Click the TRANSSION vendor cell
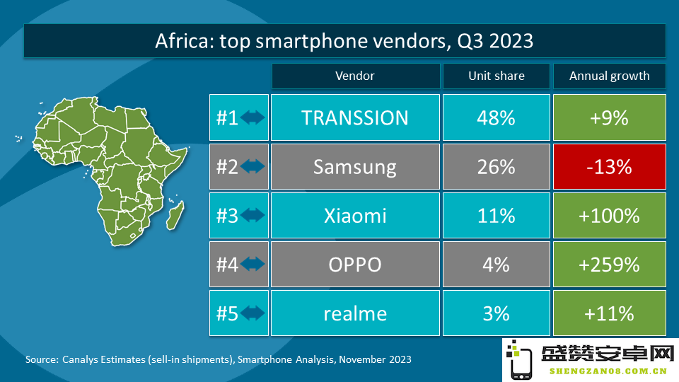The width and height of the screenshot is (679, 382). (x=355, y=117)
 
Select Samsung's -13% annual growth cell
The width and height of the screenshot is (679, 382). (x=609, y=167)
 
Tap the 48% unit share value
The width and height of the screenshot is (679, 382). (x=497, y=118)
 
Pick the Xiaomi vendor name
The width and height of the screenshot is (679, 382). (x=355, y=216)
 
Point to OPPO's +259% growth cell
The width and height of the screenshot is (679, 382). (x=609, y=264)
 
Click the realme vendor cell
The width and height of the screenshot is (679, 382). (x=355, y=313)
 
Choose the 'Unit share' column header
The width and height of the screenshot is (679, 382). (x=497, y=76)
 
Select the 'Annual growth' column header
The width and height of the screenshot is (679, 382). (x=609, y=76)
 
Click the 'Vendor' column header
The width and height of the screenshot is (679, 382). (x=356, y=76)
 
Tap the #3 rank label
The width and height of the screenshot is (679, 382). (x=227, y=216)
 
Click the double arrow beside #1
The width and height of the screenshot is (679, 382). (x=253, y=117)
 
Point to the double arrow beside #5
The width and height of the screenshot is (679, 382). (x=253, y=313)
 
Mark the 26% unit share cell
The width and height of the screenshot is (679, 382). (x=497, y=167)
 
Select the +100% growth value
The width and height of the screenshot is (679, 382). (x=609, y=216)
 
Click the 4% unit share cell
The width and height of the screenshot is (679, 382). (x=497, y=264)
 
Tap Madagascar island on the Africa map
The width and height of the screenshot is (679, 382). (x=175, y=215)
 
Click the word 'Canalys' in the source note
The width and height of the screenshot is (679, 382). (x=80, y=359)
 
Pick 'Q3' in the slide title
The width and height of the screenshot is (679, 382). (x=469, y=41)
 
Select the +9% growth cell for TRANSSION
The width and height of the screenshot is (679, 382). (x=609, y=117)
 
